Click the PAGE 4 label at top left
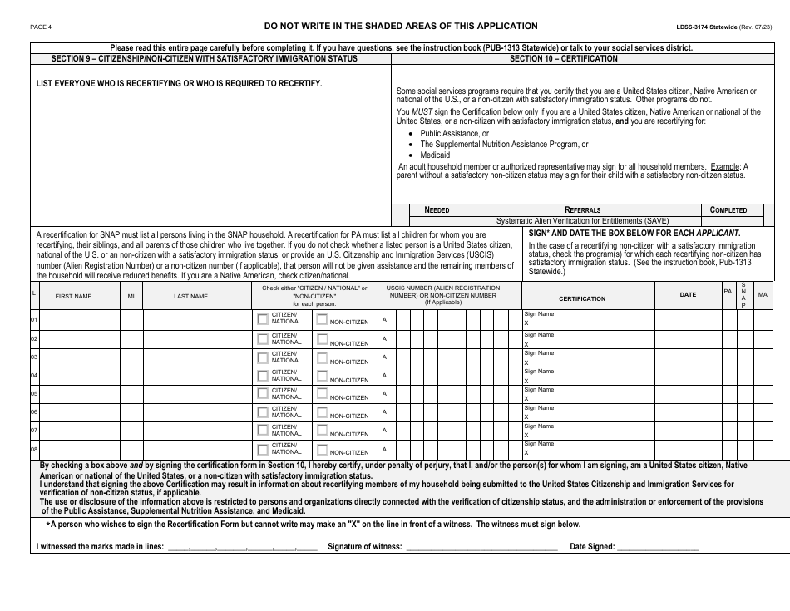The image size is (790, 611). [x=41, y=27]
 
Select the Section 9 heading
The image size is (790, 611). [x=194, y=59]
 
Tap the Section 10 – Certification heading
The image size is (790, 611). [x=563, y=59]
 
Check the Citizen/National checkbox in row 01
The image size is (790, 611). [x=263, y=318]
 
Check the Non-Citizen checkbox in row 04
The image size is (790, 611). [x=323, y=374]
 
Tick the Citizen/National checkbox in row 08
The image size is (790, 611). [x=263, y=447]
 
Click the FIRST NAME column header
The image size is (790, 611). [x=73, y=296]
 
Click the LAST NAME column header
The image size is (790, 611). [x=190, y=296]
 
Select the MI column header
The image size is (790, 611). [x=131, y=296]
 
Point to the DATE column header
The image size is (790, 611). [x=688, y=295]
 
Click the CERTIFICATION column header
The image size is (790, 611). [x=582, y=298]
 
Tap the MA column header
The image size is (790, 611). [x=763, y=295]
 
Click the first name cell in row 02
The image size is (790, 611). [x=79, y=338]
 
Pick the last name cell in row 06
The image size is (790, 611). [x=196, y=411]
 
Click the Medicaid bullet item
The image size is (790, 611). [x=435, y=155]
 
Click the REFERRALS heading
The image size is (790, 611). [x=583, y=210]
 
